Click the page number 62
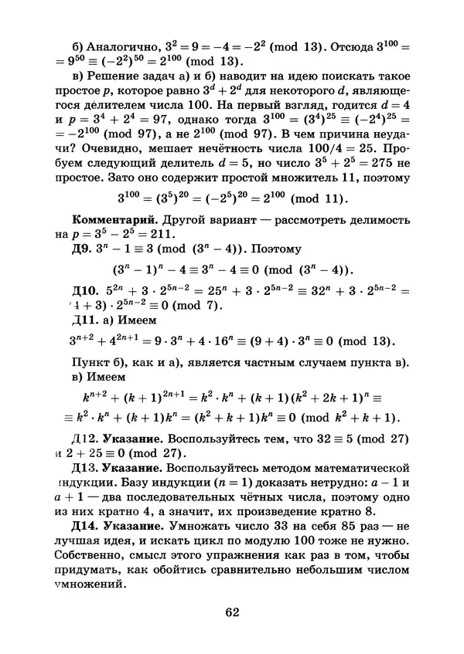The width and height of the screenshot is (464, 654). pyautogui.click(x=232, y=612)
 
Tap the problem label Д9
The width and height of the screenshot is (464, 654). pyautogui.click(x=84, y=250)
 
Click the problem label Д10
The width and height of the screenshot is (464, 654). pyautogui.click(x=87, y=290)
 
